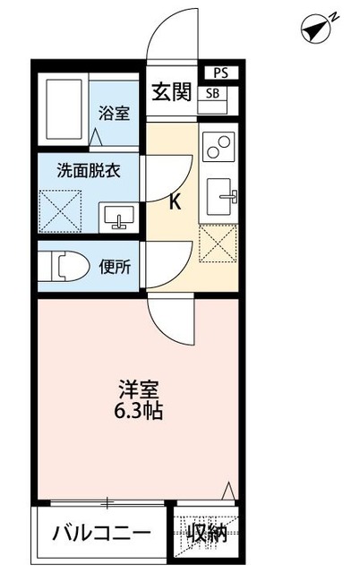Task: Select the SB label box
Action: click(217, 93)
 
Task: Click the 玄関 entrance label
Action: click(170, 92)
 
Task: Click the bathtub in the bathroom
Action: click(63, 110)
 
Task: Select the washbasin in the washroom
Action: click(116, 217)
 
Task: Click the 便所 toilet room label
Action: click(115, 266)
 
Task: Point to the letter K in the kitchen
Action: click(175, 202)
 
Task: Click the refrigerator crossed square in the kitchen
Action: click(217, 243)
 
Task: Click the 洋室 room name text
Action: click(139, 390)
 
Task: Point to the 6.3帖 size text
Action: click(139, 414)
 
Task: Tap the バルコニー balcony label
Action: click(99, 535)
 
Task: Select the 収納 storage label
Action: click(207, 535)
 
